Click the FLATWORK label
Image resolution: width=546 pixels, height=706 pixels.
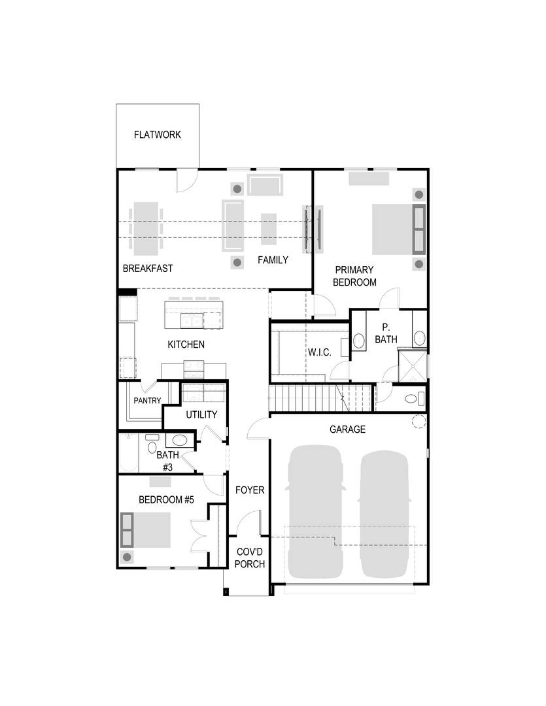(157, 135)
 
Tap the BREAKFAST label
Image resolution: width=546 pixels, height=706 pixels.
(148, 268)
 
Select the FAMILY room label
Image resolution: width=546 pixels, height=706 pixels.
(273, 260)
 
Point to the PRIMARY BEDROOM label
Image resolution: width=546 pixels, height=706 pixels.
(354, 276)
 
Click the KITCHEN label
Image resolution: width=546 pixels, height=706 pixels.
(186, 345)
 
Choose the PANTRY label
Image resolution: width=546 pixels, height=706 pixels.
(147, 401)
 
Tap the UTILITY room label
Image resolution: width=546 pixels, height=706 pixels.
(201, 414)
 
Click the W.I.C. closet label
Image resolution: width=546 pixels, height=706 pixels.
(320, 352)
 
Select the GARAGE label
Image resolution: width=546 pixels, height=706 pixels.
(347, 429)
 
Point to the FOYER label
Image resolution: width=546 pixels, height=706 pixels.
(249, 490)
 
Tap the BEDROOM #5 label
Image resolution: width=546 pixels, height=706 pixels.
(167, 500)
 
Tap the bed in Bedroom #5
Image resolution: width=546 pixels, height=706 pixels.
(148, 529)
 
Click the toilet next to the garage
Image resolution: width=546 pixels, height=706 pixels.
(412, 398)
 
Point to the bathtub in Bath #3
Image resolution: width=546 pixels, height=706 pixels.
(128, 452)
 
